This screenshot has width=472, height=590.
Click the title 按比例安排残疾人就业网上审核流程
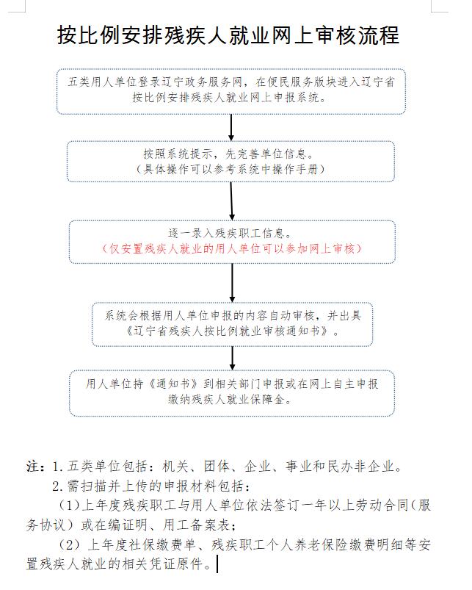point(228,35)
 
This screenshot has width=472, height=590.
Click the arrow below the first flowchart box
point(231,128)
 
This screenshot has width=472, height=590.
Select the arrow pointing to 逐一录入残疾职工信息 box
point(231,201)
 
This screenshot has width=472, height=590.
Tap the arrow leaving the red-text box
point(232,283)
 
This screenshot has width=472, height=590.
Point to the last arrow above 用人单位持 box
point(232,359)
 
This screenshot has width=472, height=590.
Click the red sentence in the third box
point(232,249)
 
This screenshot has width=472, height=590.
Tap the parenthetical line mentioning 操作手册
point(230,169)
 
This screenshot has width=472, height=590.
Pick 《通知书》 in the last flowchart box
point(174,384)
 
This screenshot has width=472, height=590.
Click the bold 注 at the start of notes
point(33,467)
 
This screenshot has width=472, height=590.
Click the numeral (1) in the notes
point(70,505)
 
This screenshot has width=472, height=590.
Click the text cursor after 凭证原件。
point(217,564)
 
